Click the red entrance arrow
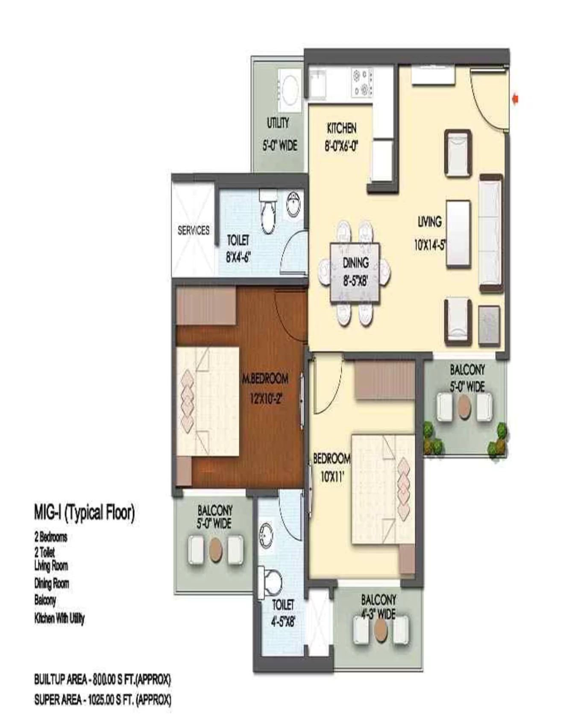(515, 99)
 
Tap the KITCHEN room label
(341, 128)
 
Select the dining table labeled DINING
(355, 272)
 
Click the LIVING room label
(429, 222)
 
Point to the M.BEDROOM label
(265, 378)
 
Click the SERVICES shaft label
(194, 230)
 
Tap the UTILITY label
(278, 123)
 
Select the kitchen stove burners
(361, 82)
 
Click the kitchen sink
(318, 83)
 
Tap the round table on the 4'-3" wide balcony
(380, 629)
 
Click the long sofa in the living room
(490, 233)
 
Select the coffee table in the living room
(458, 234)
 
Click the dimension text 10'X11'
(332, 477)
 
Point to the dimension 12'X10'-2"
(265, 399)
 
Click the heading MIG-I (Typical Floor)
(84, 512)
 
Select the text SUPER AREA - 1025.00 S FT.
(103, 700)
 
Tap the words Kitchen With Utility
(59, 618)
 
